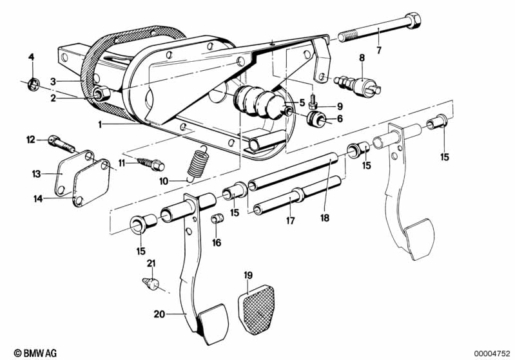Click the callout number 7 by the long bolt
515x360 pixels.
(378, 50)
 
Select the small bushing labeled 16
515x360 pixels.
(217, 220)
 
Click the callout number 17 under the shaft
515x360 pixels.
(290, 220)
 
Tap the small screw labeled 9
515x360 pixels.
(314, 99)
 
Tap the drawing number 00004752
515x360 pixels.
(492, 353)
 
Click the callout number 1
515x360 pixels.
(100, 124)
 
